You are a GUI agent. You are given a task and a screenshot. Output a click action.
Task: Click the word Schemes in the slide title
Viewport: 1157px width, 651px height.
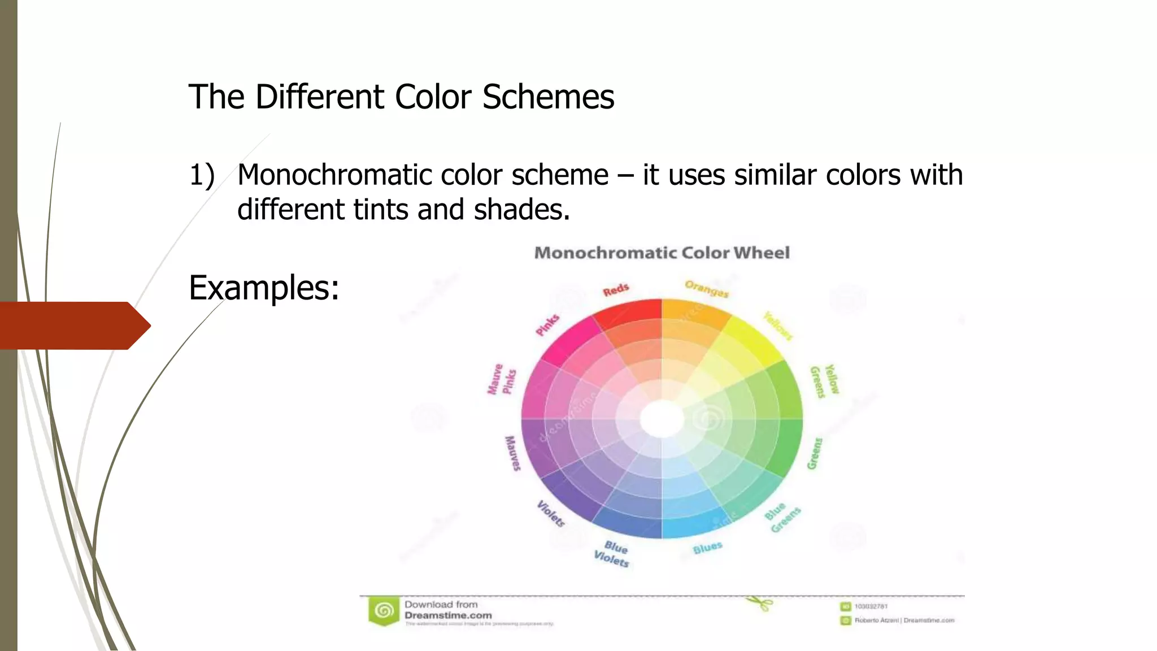pos(547,97)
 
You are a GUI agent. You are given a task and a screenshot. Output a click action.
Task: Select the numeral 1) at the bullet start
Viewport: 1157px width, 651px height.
pos(202,175)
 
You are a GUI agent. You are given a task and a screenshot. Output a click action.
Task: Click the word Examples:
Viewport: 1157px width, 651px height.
pos(264,288)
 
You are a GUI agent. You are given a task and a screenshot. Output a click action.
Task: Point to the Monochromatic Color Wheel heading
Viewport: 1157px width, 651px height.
pos(662,253)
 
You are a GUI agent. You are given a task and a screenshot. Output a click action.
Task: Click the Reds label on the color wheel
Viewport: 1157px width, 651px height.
pos(616,290)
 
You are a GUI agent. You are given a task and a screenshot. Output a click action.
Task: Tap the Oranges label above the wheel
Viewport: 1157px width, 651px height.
pos(707,289)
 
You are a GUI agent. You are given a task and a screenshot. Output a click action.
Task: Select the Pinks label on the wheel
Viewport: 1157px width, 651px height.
pos(547,325)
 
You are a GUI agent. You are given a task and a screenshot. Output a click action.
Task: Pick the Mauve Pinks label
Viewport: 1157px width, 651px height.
pos(502,379)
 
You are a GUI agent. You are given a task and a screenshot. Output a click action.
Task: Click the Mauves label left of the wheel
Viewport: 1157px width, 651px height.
pos(512,453)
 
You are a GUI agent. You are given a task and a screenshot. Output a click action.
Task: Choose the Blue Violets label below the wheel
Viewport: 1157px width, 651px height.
pos(612,554)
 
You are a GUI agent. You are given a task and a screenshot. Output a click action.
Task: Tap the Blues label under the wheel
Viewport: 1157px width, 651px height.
pos(707,548)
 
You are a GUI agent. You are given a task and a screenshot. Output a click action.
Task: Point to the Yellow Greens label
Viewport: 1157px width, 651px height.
pos(825,380)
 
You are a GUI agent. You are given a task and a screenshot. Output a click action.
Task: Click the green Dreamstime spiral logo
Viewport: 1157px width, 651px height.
pos(384,611)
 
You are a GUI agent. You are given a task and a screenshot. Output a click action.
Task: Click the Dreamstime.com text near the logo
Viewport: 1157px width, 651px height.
pos(448,615)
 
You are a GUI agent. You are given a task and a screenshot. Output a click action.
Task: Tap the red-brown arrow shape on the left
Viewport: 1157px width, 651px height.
pos(73,325)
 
